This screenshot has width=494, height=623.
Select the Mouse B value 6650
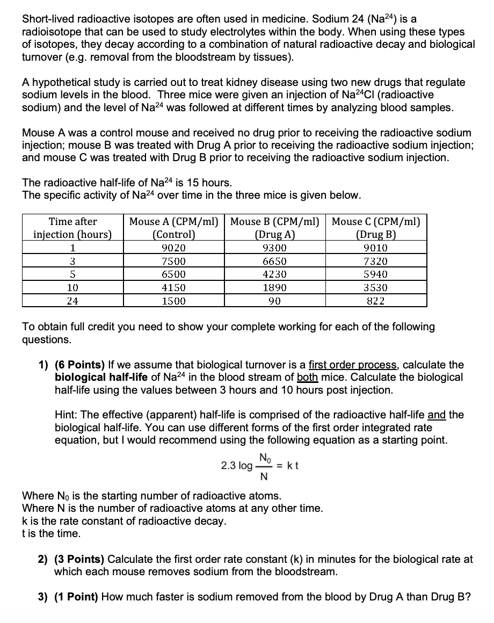[x=275, y=262]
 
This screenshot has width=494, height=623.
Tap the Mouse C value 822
[x=376, y=301]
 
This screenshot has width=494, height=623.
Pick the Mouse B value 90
[x=275, y=301]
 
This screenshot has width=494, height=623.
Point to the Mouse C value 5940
[x=376, y=274]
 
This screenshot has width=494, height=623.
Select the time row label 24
[x=72, y=301]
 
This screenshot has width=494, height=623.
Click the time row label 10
[x=72, y=288]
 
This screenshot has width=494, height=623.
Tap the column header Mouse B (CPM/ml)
[x=275, y=221]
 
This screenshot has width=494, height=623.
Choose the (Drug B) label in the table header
[x=376, y=235]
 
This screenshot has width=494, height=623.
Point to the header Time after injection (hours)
[x=72, y=228]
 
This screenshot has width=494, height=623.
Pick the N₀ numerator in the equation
[x=264, y=458]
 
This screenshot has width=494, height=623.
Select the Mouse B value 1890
[x=275, y=288]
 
